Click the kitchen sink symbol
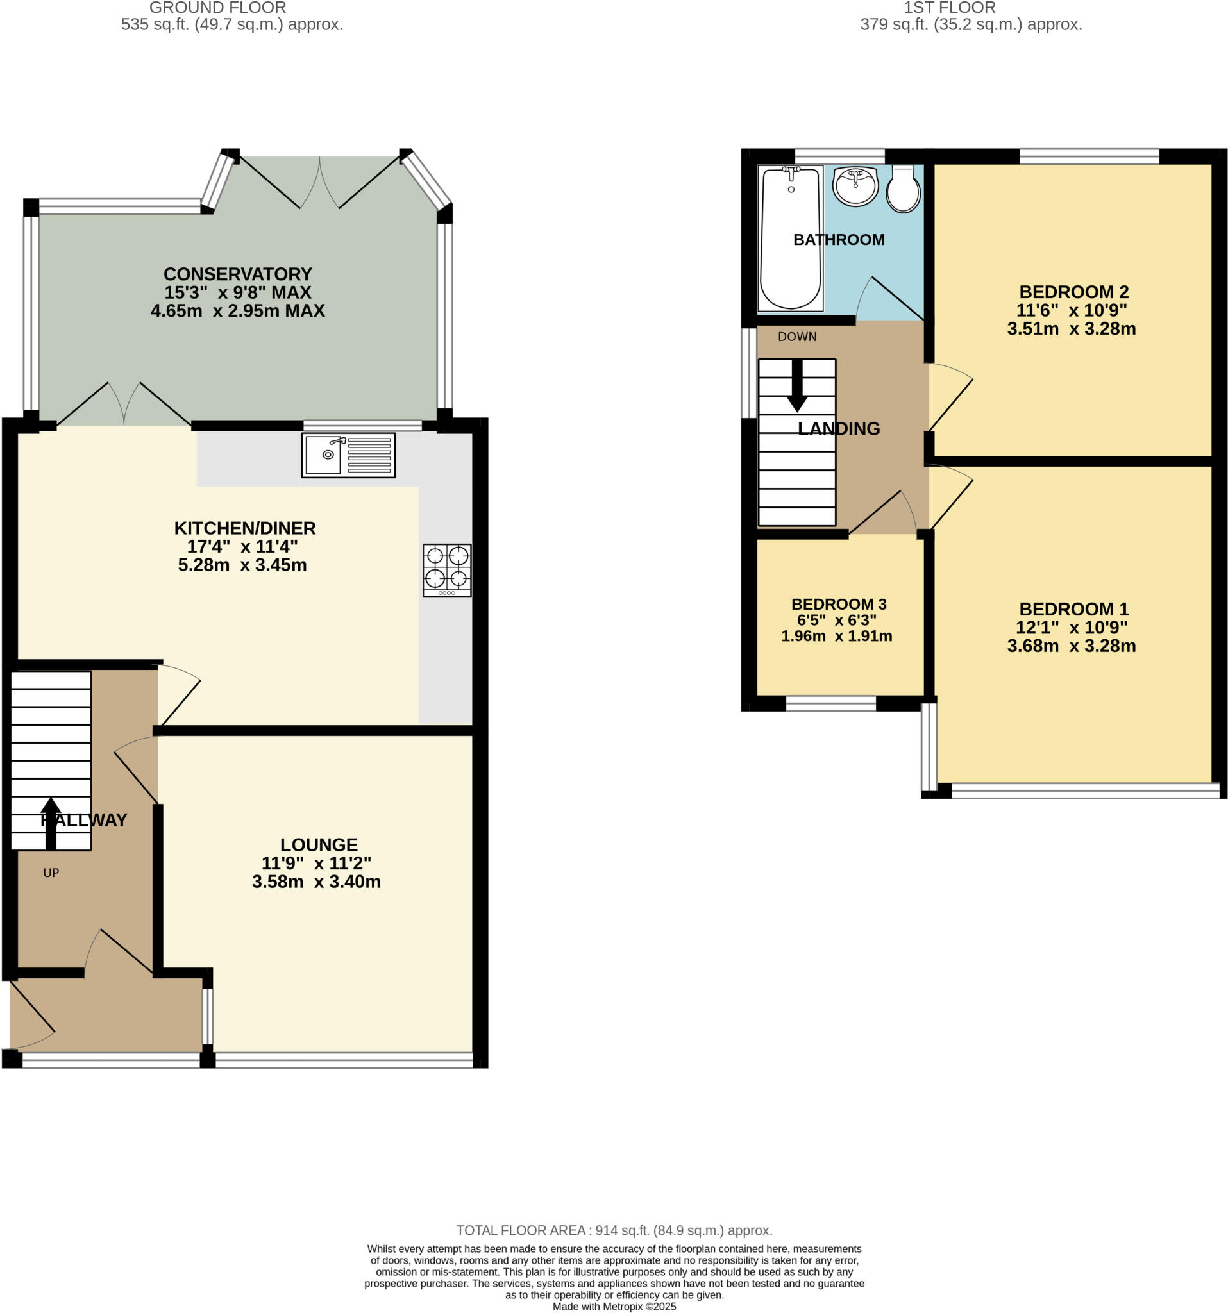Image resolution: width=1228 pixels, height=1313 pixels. click(348, 455)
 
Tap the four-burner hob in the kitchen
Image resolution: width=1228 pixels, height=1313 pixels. click(447, 570)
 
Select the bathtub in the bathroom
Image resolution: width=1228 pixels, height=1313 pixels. click(791, 238)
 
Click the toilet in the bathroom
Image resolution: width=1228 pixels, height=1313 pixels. click(902, 189)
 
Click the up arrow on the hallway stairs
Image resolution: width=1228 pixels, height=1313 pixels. click(51, 823)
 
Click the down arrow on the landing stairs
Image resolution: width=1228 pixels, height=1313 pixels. click(796, 386)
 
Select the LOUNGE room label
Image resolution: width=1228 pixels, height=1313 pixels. click(319, 845)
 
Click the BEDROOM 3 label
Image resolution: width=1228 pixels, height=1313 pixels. click(838, 605)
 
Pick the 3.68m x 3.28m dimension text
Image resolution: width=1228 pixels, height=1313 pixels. click(1071, 646)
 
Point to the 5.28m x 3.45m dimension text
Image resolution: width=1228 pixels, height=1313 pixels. click(242, 565)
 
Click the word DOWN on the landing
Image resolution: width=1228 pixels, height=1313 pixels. click(796, 337)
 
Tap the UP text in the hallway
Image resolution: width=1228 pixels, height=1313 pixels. click(51, 873)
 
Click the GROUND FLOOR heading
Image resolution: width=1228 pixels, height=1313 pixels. click(218, 8)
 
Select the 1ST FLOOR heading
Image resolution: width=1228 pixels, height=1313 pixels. click(949, 8)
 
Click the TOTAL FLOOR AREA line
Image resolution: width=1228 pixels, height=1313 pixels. click(614, 1230)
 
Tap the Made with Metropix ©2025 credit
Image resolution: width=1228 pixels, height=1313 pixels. click(614, 1307)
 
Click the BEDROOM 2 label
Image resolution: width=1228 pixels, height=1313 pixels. click(1073, 292)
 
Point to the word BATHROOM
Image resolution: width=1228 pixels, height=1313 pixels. click(838, 240)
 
